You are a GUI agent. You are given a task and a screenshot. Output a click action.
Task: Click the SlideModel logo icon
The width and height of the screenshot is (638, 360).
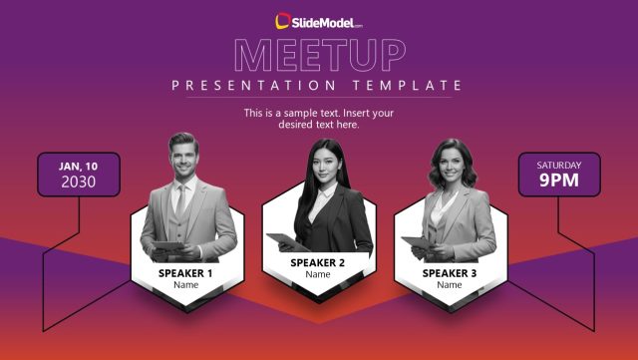pos(283,20)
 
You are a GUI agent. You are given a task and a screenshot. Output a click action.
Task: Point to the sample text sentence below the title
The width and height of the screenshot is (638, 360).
pos(319,119)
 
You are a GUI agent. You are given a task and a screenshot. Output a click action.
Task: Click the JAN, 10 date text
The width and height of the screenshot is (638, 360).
pos(79,166)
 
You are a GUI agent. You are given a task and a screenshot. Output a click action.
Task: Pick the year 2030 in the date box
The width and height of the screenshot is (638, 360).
pos(79,181)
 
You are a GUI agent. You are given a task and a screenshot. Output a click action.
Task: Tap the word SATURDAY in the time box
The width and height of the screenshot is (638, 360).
pos(559,165)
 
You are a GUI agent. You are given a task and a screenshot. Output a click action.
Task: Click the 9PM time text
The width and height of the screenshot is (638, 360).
pos(559,180)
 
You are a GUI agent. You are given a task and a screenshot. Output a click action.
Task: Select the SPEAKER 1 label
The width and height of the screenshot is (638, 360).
pos(185,272)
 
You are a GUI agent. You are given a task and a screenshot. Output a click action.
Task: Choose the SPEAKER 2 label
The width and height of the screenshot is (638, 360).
pos(318,262)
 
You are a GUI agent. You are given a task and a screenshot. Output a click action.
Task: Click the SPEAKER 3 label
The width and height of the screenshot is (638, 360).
pos(450,272)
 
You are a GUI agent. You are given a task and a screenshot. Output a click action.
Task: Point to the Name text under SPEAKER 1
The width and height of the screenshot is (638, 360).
pos(185,285)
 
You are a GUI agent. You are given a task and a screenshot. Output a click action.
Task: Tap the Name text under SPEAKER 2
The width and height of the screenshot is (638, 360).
pos(318,275)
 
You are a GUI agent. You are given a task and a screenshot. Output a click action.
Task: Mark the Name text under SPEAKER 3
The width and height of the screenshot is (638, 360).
pos(450,285)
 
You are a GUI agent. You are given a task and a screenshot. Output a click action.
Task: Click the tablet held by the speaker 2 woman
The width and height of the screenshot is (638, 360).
pos(285,240)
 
